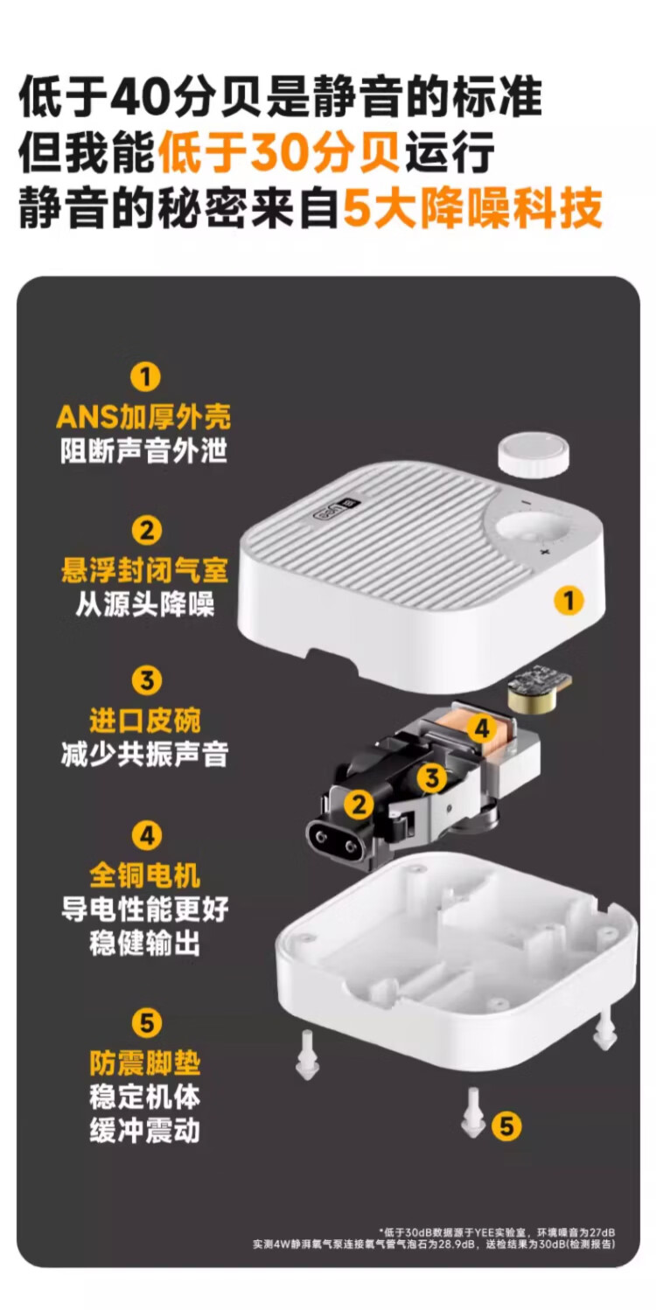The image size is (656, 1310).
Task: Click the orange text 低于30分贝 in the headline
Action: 278,152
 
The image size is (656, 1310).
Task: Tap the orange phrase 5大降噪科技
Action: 472,207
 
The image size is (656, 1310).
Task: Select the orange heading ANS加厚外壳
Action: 143,416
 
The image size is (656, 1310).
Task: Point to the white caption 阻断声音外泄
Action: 143,451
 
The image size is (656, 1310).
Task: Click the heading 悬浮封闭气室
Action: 144,569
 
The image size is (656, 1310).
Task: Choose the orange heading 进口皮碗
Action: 144,720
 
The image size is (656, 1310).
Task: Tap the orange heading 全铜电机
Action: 144,874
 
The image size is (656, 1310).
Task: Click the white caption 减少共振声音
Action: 144,754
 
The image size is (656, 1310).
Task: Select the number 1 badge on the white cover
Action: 569,599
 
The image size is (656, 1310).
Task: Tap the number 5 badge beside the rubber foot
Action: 506,1125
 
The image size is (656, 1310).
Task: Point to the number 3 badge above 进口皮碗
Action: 146,680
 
